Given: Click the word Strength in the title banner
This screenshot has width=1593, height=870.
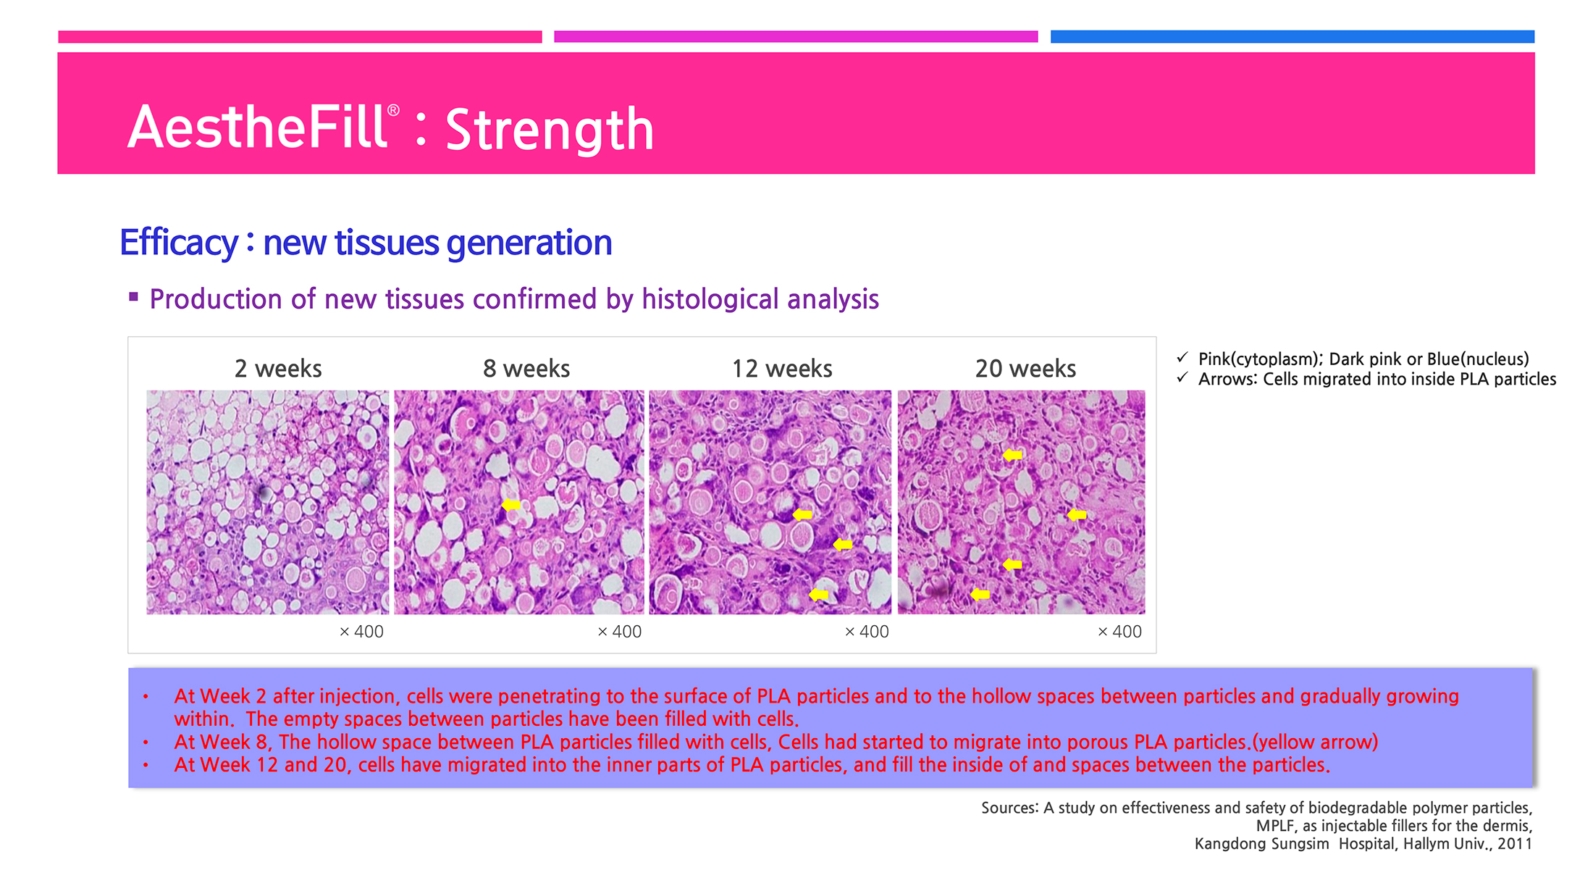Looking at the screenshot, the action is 550,130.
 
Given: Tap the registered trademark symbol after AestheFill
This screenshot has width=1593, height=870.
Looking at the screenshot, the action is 393,110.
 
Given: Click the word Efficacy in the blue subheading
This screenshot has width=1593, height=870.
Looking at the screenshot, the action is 179,243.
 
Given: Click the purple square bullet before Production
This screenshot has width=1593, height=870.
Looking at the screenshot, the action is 133,296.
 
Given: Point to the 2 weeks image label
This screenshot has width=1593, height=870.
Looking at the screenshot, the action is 278,369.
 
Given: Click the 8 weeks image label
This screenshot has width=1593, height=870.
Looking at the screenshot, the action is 526,369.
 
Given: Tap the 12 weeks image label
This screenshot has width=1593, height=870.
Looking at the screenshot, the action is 782,369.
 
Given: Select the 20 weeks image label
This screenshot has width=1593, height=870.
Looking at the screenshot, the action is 1025,369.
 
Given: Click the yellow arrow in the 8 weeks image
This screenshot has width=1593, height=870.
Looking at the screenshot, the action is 511,504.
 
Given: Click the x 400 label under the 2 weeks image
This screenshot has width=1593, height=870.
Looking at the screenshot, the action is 361,632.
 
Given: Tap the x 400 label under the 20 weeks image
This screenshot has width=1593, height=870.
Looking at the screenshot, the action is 1119,632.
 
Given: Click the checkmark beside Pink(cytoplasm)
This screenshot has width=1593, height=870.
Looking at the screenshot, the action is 1182,357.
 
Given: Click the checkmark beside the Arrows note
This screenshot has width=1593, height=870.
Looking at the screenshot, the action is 1182,377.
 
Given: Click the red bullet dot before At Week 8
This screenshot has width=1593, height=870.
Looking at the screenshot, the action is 146,743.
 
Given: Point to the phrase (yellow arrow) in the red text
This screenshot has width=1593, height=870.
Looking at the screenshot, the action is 1315,743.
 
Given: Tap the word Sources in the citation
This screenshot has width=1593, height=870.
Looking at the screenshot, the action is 1010,808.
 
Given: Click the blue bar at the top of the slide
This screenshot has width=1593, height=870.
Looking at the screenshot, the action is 1293,37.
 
